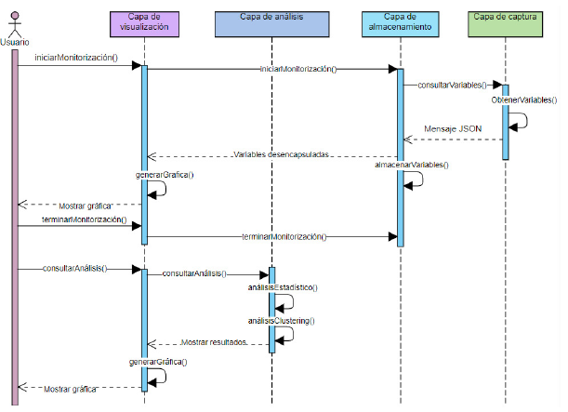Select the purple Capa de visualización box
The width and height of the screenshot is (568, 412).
point(144,23)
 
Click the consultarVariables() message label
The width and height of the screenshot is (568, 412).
point(451,84)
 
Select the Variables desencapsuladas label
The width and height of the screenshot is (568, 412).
point(282,154)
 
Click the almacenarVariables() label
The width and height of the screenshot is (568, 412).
point(411,165)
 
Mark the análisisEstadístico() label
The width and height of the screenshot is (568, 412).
point(283,287)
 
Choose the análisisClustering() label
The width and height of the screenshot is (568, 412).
point(282,320)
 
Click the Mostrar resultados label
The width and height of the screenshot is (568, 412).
point(213,341)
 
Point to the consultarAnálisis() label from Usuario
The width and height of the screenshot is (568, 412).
point(74,268)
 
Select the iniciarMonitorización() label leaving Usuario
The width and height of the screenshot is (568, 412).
point(76,59)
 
